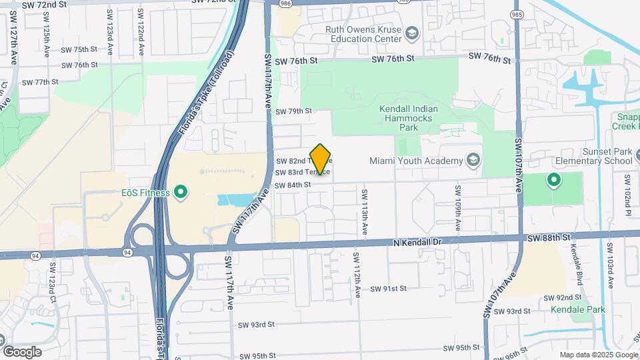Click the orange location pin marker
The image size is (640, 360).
[x=321, y=159]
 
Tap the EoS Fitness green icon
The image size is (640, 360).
[x=180, y=193]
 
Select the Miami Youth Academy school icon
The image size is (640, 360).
[x=473, y=161]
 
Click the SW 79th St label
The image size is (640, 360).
[x=293, y=111]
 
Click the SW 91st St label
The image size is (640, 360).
[x=388, y=289]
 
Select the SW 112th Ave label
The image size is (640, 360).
[x=357, y=269]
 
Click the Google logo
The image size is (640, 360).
[x=21, y=351]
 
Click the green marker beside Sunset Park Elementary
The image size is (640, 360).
[x=553, y=179]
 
